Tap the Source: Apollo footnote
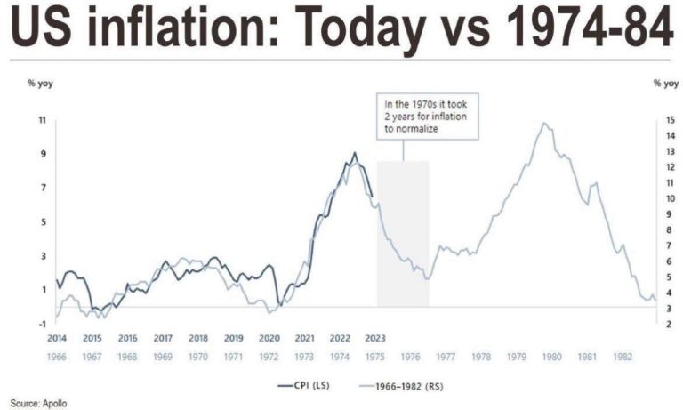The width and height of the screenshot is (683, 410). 38,403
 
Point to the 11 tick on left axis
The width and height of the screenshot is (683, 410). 42,119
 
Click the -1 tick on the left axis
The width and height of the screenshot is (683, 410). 42,324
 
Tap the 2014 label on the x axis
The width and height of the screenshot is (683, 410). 57,339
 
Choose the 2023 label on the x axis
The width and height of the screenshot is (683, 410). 374,339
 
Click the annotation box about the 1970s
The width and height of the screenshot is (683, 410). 424,115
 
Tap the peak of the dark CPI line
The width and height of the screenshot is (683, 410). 355,153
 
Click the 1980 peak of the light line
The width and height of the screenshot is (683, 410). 544,124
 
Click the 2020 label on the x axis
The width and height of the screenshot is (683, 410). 269,339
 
